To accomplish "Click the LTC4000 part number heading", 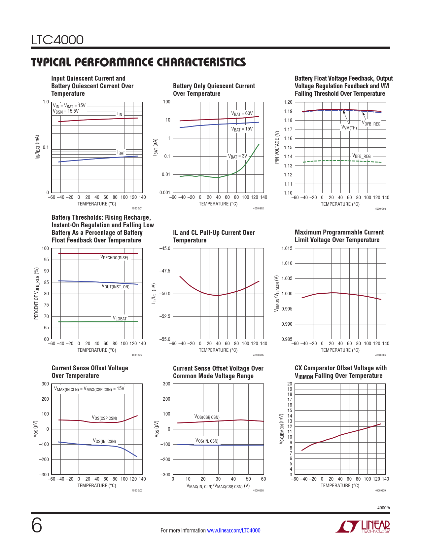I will click(x=57, y=40).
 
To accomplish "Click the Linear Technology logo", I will click(x=363, y=527).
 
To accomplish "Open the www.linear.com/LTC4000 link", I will click(x=233, y=530).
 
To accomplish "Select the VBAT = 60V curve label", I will click(x=242, y=114).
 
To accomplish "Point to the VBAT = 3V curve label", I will click(x=237, y=156).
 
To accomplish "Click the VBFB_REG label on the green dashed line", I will click(x=361, y=156).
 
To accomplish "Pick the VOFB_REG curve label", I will click(x=371, y=124).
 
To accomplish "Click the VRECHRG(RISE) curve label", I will click(x=114, y=258).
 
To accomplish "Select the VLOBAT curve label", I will click(x=120, y=318).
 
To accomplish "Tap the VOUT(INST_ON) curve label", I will click(x=116, y=286).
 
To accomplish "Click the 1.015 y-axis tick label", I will click(x=287, y=248).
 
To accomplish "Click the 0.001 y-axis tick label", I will click(x=164, y=193).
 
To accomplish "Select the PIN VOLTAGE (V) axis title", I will click(x=277, y=147).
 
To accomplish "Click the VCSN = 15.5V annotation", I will click(x=66, y=111).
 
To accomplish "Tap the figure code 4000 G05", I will click(x=258, y=355).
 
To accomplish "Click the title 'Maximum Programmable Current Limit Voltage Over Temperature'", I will click(x=339, y=236).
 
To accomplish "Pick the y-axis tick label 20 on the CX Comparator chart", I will click(x=290, y=384).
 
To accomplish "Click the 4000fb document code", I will click(x=383, y=508).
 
